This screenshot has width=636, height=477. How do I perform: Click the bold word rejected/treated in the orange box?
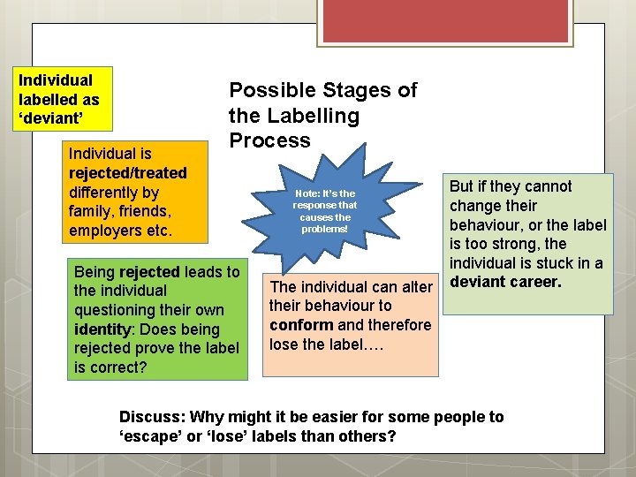pos(127,172)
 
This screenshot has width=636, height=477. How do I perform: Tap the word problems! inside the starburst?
pos(324,229)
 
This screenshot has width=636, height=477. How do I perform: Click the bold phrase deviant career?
pos(503,283)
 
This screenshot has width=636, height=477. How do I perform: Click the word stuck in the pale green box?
pos(552,263)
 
